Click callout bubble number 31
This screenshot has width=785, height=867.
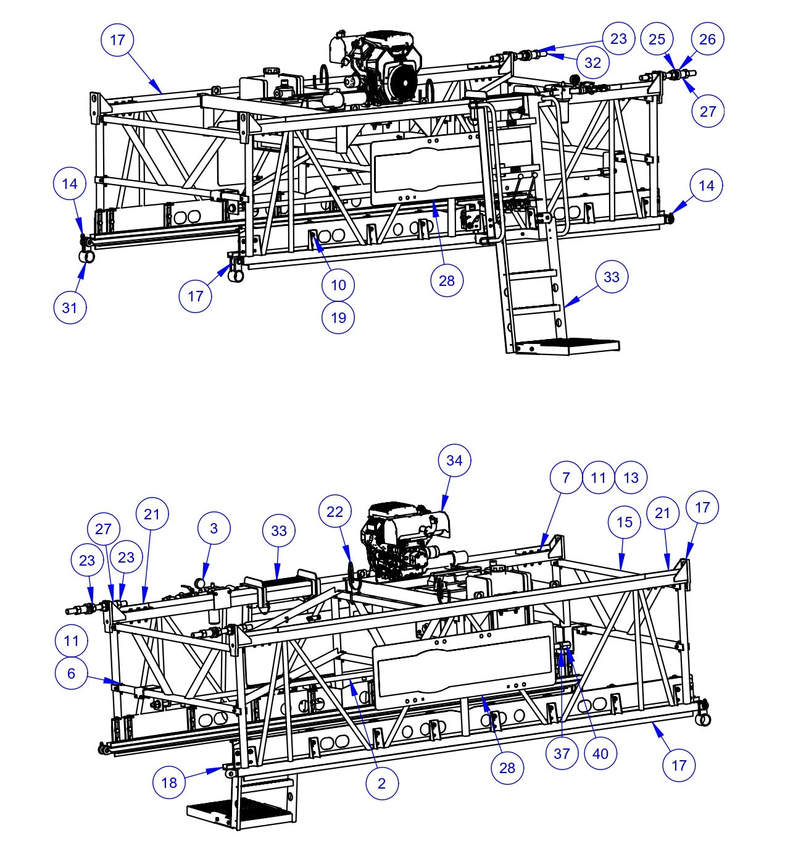70,306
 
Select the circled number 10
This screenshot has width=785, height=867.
338,285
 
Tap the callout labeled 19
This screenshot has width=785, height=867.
338,317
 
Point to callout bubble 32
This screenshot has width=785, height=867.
592,62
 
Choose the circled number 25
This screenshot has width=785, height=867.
657,39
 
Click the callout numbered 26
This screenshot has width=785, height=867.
707,39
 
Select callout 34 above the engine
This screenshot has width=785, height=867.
454,460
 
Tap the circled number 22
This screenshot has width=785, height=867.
334,511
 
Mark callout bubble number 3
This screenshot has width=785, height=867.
214,528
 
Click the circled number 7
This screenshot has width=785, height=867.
566,477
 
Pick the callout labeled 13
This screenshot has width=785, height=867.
631,477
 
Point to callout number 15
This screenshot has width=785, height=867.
625,522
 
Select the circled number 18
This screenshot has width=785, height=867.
169,782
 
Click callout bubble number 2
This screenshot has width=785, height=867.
381,783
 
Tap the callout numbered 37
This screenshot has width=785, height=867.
562,753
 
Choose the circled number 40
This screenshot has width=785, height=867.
600,753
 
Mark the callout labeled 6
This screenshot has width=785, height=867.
71,673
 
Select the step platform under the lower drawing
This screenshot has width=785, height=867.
238,812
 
